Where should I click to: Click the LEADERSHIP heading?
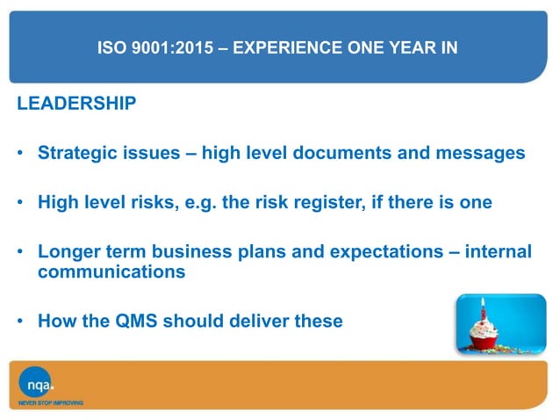[76, 105]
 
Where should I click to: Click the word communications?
[111, 272]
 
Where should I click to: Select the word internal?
[496, 252]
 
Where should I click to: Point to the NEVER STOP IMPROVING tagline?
[51, 403]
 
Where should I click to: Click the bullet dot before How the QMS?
[19, 322]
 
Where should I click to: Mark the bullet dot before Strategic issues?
[19, 155]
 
